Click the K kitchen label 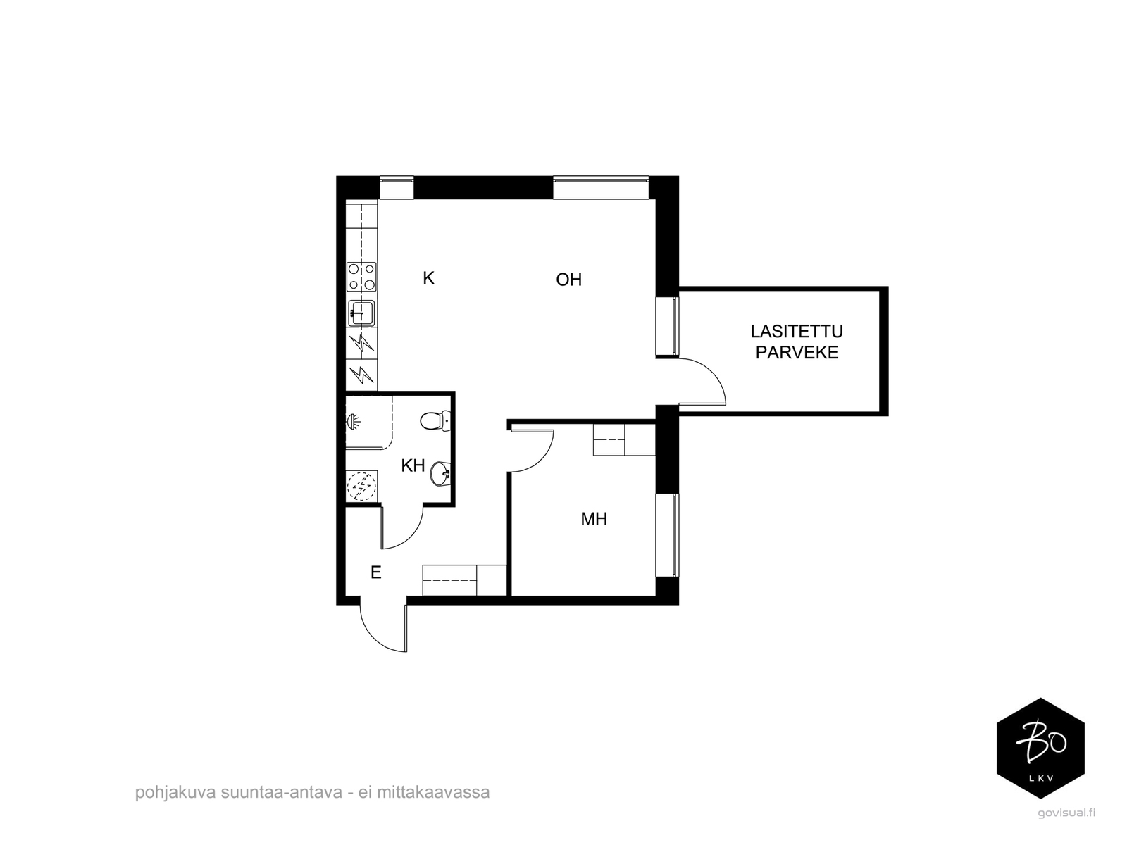click(x=428, y=278)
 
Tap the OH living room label click(x=569, y=280)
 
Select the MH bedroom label click(x=594, y=519)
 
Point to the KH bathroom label click(x=413, y=466)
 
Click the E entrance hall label click(x=376, y=572)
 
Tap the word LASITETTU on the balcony click(x=797, y=332)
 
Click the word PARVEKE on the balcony click(x=797, y=353)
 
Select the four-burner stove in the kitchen click(x=361, y=277)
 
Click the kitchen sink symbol click(x=361, y=313)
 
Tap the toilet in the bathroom click(x=435, y=421)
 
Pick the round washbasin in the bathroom click(x=440, y=473)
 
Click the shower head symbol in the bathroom click(x=354, y=422)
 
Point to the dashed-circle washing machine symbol click(x=362, y=485)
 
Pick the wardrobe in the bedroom click(x=624, y=439)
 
